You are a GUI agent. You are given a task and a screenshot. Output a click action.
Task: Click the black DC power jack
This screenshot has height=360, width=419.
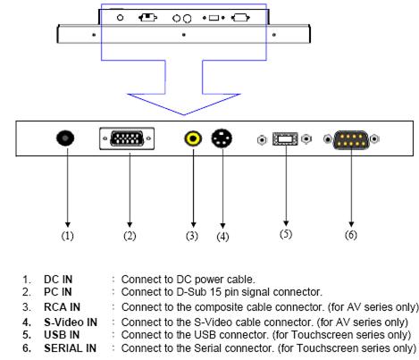point(65,138)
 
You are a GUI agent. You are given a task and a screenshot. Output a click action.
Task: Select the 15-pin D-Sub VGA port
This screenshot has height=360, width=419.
point(127,138)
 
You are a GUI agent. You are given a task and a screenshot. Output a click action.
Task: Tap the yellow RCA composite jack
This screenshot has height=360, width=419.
point(193,138)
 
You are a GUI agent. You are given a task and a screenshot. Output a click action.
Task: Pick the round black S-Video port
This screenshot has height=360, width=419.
point(222,138)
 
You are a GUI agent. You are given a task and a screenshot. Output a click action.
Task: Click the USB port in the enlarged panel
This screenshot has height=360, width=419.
point(285,139)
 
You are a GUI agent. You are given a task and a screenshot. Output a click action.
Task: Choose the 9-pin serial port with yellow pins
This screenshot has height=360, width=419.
point(351,139)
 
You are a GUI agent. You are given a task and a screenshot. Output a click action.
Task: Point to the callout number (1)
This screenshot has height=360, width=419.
point(67,236)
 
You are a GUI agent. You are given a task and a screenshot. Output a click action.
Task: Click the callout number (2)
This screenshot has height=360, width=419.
point(130,236)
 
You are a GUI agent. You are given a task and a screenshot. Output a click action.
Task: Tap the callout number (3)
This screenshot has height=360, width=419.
point(192,236)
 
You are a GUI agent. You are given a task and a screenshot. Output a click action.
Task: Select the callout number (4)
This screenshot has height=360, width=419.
point(222,237)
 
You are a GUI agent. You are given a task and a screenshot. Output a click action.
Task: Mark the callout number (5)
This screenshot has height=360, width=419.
point(286,234)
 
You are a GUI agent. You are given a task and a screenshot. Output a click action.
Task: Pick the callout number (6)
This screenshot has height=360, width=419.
point(351,235)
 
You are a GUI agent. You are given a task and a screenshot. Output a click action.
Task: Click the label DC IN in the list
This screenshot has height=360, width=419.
point(58,280)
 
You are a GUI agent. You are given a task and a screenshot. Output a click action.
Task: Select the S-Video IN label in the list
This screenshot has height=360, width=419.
point(71,322)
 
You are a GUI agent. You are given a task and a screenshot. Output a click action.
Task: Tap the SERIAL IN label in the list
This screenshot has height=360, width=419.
point(71,347)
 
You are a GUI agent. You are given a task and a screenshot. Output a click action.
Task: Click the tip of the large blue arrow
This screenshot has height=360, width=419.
point(184,114)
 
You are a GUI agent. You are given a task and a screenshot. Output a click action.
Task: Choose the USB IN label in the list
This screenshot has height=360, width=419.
point(62,335)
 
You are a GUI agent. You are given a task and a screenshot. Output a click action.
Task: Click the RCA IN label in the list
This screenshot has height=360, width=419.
point(62,307)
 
